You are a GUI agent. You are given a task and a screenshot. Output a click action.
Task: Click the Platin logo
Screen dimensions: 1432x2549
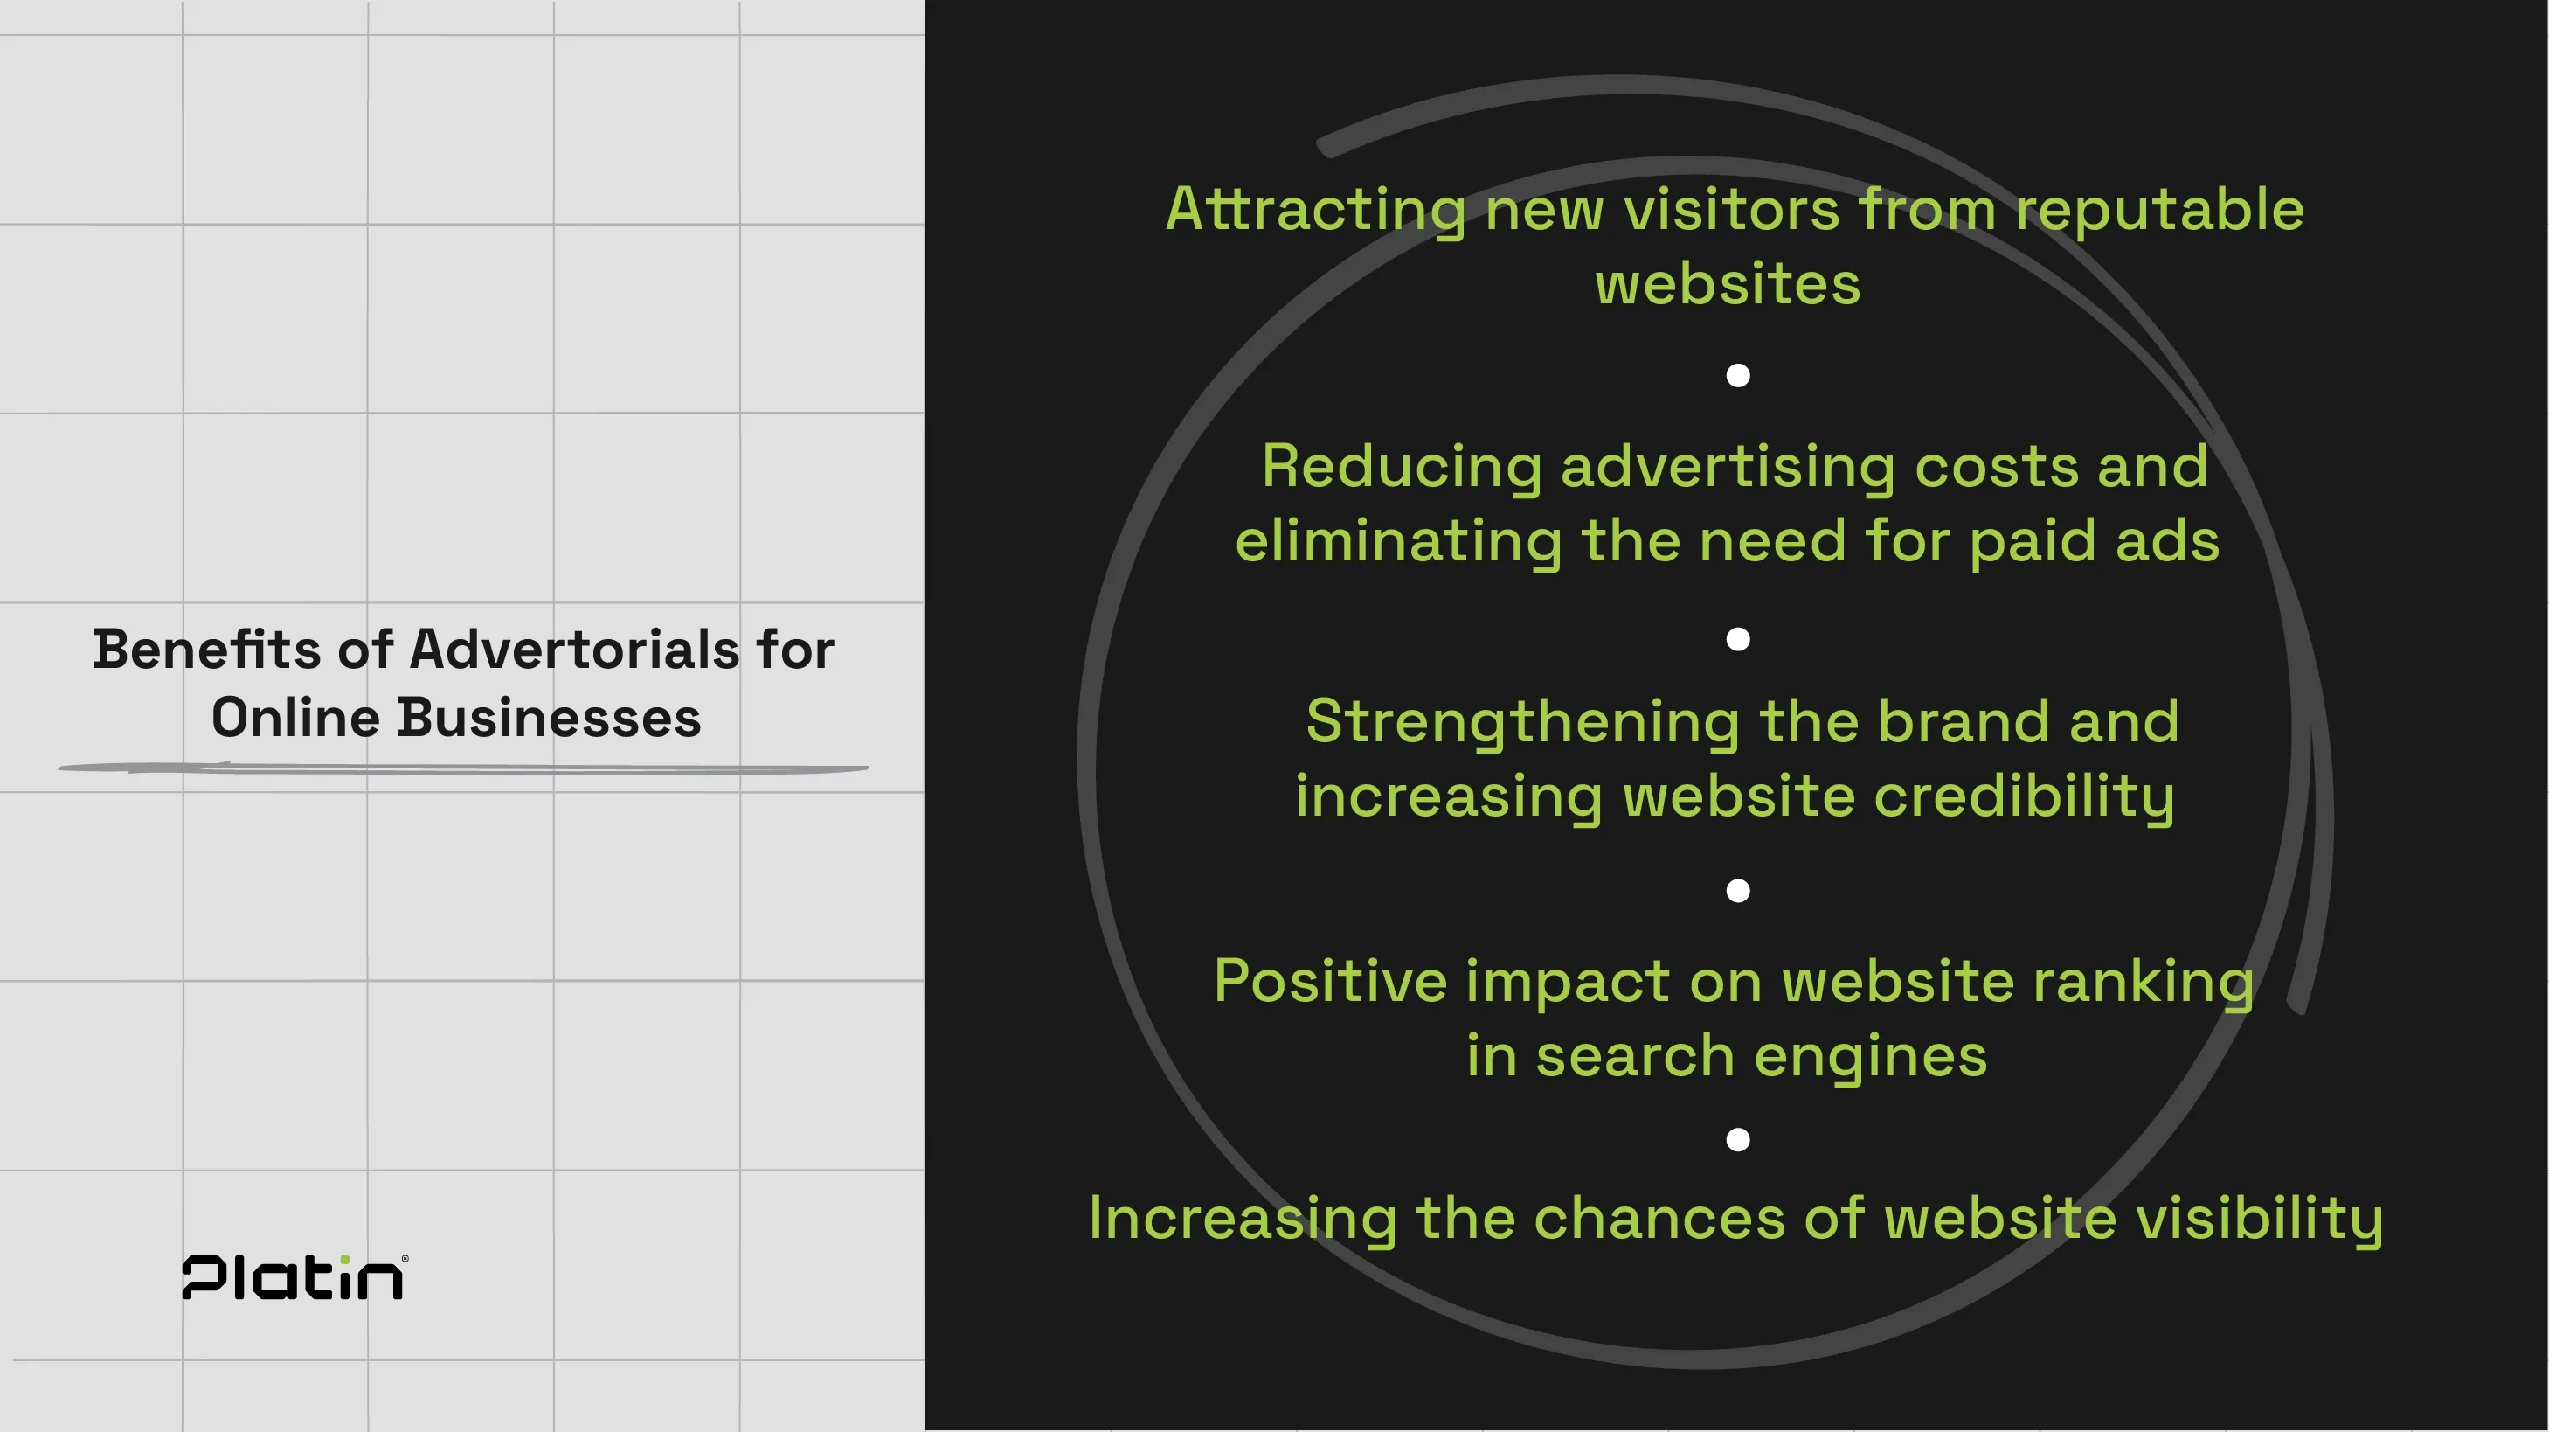pyautogui.click(x=294, y=1277)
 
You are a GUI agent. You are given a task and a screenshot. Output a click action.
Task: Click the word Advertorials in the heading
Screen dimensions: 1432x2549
pyautogui.click(x=574, y=650)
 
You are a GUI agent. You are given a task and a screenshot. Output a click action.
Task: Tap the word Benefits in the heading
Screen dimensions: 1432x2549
pyautogui.click(x=207, y=650)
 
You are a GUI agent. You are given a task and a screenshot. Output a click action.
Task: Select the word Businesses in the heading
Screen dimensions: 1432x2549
pyautogui.click(x=549, y=719)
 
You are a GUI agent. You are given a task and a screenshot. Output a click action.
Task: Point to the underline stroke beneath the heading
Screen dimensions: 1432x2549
pyautogui.click(x=463, y=768)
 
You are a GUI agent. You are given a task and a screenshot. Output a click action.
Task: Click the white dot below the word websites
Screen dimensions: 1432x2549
pyautogui.click(x=1737, y=375)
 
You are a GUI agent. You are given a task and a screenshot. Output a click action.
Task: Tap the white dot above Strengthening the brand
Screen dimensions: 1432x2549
pyautogui.click(x=1737, y=639)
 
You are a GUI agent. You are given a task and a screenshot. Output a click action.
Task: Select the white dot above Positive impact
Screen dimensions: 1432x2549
pyautogui.click(x=1737, y=891)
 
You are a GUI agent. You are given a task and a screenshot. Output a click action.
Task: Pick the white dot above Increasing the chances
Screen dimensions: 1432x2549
pyautogui.click(x=1737, y=1140)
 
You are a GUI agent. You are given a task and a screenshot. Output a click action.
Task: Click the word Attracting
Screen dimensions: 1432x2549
pyautogui.click(x=1315, y=211)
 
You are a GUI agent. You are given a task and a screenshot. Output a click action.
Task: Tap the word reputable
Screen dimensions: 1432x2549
pyautogui.click(x=2159, y=211)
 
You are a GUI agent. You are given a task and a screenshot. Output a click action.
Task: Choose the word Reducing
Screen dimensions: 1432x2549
pyautogui.click(x=1401, y=466)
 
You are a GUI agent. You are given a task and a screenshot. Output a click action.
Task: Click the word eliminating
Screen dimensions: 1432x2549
pyautogui.click(x=1398, y=542)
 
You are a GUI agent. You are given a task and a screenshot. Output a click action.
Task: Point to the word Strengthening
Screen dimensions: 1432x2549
pyautogui.click(x=1522, y=722)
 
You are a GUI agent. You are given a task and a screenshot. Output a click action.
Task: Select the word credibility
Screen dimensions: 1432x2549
pyautogui.click(x=2025, y=797)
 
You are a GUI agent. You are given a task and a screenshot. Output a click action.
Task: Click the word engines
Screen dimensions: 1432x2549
pyautogui.click(x=1870, y=1057)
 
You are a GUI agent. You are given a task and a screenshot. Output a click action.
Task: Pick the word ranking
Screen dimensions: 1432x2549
pyautogui.click(x=2144, y=984)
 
